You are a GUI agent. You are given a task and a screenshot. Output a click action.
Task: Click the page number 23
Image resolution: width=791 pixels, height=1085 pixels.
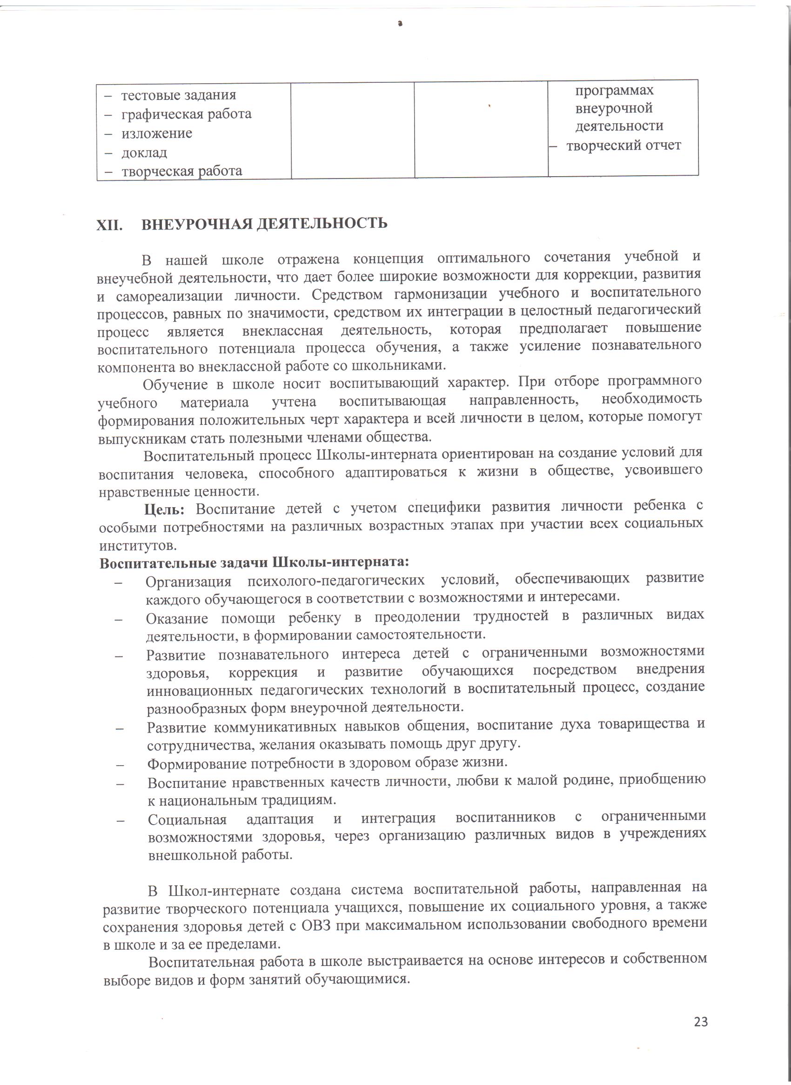[x=701, y=1022]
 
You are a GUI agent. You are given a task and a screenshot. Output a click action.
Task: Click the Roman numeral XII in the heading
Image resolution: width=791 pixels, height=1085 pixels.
[x=109, y=225]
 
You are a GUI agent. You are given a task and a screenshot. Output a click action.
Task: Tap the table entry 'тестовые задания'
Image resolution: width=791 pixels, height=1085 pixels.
[x=178, y=95]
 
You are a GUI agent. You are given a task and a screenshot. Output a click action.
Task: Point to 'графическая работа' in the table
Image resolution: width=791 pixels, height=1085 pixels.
[x=186, y=114]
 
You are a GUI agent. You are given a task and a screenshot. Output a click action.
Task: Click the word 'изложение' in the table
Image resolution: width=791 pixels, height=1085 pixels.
[x=157, y=133]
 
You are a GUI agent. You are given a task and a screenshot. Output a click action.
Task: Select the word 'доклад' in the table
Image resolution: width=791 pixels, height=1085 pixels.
[x=144, y=152]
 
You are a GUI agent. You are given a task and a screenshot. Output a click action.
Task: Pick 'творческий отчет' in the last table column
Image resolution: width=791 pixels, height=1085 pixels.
[x=623, y=146]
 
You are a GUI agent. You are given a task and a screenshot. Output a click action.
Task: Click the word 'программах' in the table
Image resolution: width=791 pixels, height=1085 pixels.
[x=614, y=90]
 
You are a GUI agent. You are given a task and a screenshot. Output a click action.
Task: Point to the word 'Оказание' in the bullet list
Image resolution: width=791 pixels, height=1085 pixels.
[x=177, y=619]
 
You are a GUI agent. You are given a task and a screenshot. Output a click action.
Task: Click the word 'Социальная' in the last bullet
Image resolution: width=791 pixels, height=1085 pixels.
[x=187, y=820]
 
